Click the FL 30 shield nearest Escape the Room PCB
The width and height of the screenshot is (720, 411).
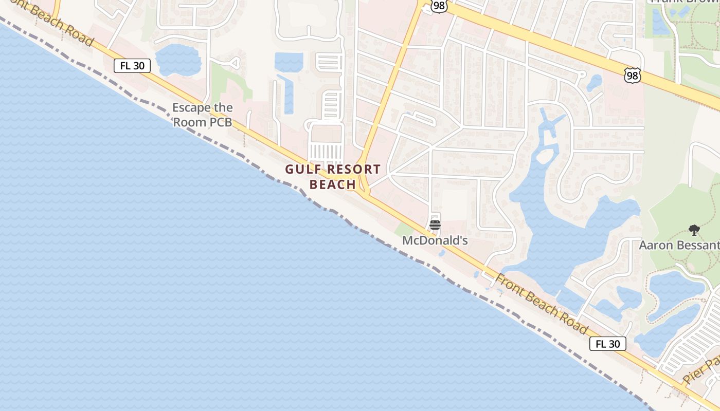click(x=132, y=66)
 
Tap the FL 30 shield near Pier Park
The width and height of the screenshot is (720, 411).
click(x=607, y=344)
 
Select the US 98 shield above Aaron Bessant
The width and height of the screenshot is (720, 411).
click(x=632, y=76)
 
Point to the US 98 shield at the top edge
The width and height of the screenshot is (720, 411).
click(x=439, y=6)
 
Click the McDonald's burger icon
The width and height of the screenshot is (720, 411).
click(x=435, y=225)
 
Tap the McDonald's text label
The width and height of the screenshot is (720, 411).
click(x=435, y=240)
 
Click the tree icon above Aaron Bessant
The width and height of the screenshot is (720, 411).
click(x=694, y=230)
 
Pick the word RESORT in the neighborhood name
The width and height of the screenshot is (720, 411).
click(x=354, y=170)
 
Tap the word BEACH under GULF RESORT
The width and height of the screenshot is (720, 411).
click(x=333, y=184)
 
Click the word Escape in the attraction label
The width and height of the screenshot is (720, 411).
click(x=191, y=108)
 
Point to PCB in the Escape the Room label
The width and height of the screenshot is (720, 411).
click(x=221, y=123)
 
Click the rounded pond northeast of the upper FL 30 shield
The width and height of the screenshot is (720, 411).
click(x=178, y=60)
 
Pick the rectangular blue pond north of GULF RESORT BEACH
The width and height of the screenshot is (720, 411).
click(x=289, y=62)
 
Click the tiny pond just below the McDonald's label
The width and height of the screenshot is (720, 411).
click(x=441, y=253)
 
